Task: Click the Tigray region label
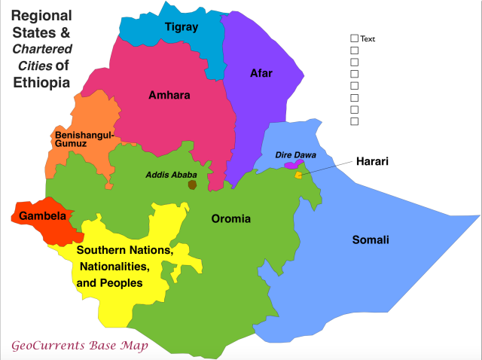pos(181,27)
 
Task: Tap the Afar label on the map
pos(261,73)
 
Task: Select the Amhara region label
pos(169,96)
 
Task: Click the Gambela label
pos(42,216)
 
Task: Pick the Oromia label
pos(230,219)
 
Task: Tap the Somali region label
pos(371,240)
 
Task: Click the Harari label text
pos(373,161)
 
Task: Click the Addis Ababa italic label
pos(171,175)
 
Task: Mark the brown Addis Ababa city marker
pos(193,185)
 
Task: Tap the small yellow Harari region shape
pos(298,175)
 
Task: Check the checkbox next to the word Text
pos(355,38)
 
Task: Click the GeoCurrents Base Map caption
pos(80,346)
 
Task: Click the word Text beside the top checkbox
pos(368,39)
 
